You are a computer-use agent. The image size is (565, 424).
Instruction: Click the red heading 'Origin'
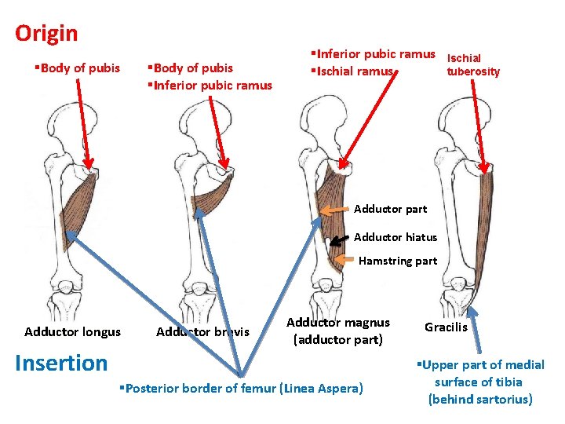pos(46,34)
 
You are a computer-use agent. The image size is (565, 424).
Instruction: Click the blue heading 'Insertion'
pos(61,363)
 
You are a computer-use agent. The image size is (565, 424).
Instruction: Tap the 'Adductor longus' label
pos(72,331)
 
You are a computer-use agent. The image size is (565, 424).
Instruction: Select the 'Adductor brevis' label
pos(202,331)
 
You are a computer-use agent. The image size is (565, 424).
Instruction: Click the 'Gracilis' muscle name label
pos(446,327)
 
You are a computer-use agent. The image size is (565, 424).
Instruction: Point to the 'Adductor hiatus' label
pos(395,237)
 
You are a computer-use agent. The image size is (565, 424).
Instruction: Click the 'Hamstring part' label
pos(397,261)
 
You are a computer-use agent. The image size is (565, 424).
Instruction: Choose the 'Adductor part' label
pos(390,209)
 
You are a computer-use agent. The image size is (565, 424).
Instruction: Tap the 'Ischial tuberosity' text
pos(472,65)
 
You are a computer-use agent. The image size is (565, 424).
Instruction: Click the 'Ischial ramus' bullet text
pos(352,71)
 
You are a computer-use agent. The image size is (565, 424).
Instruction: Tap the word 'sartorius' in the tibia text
pos(503,399)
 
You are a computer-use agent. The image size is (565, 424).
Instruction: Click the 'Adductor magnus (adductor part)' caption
pos(337,331)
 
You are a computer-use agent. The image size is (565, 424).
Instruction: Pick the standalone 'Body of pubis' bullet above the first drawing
pos(77,68)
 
